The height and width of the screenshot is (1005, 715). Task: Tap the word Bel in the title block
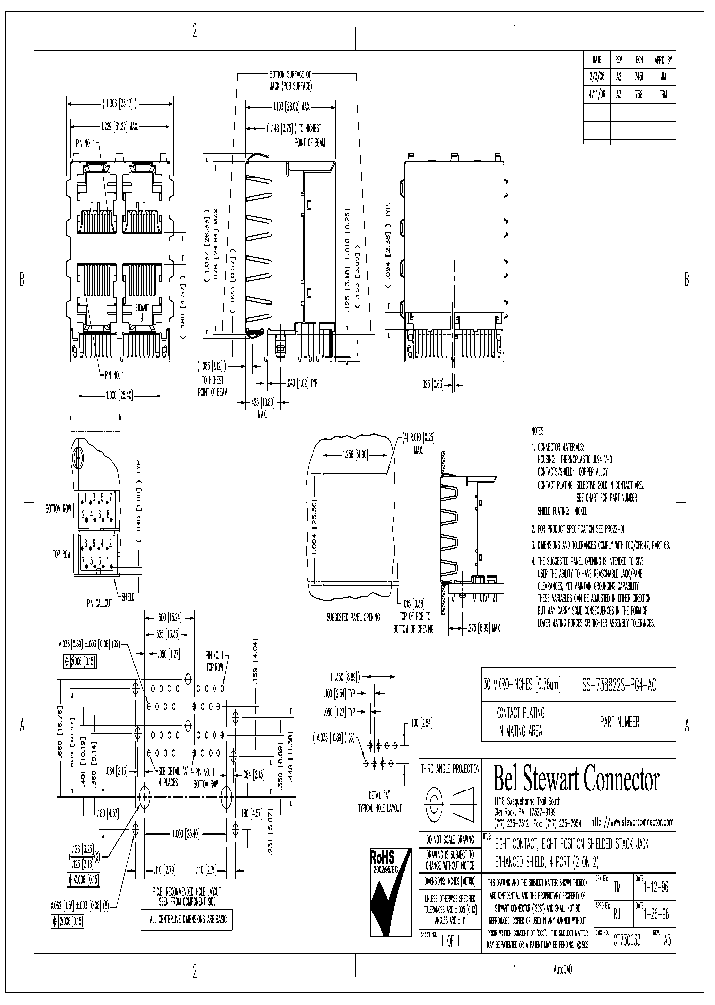(509, 779)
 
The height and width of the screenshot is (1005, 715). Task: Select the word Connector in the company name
(627, 779)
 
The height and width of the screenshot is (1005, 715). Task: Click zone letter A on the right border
(688, 725)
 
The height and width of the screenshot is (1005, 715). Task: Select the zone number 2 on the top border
(194, 31)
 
